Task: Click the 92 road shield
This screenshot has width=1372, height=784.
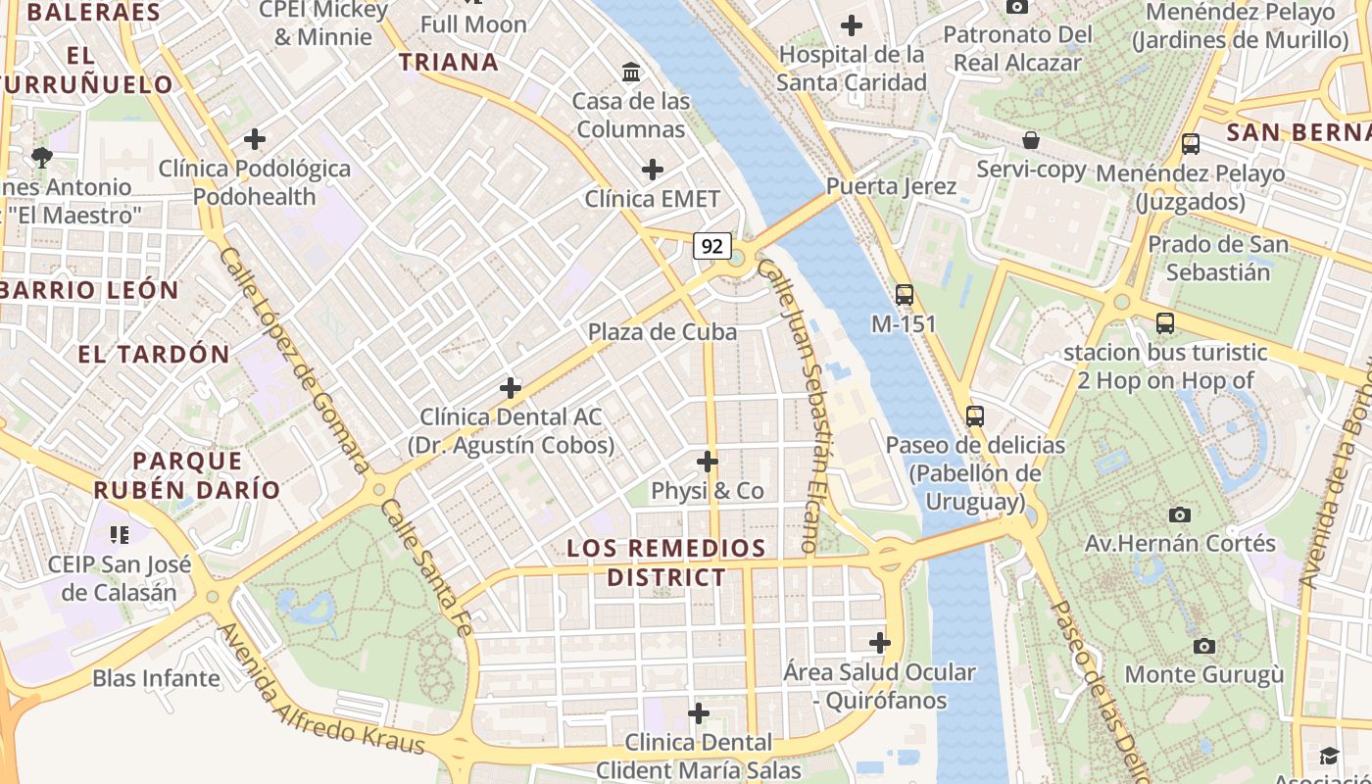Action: coord(712,246)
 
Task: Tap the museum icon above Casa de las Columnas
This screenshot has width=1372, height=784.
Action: coord(632,72)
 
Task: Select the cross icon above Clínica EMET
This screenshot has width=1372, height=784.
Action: coord(653,170)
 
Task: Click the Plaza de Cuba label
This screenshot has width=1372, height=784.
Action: coord(662,332)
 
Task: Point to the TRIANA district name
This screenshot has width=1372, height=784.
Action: coord(449,62)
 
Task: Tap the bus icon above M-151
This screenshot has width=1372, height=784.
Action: coord(904,294)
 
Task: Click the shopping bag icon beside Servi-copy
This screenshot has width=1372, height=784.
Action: coord(1030,140)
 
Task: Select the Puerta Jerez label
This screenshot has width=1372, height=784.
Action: coord(891,186)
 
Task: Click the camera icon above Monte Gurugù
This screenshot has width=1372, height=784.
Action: coord(1204,645)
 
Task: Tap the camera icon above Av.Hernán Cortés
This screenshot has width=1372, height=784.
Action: coord(1180,514)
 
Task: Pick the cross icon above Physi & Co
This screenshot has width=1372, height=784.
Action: coord(708,461)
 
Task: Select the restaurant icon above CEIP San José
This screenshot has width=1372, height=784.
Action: coord(120,535)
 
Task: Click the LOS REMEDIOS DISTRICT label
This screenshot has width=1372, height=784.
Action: coord(666,563)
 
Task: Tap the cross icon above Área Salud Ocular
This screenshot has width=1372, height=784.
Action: coord(880,643)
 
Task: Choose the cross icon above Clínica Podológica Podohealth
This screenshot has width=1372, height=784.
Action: coord(255,139)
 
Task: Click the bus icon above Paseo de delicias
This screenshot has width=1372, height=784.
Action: coord(974,416)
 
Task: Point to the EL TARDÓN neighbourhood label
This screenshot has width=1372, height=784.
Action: coord(154,354)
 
